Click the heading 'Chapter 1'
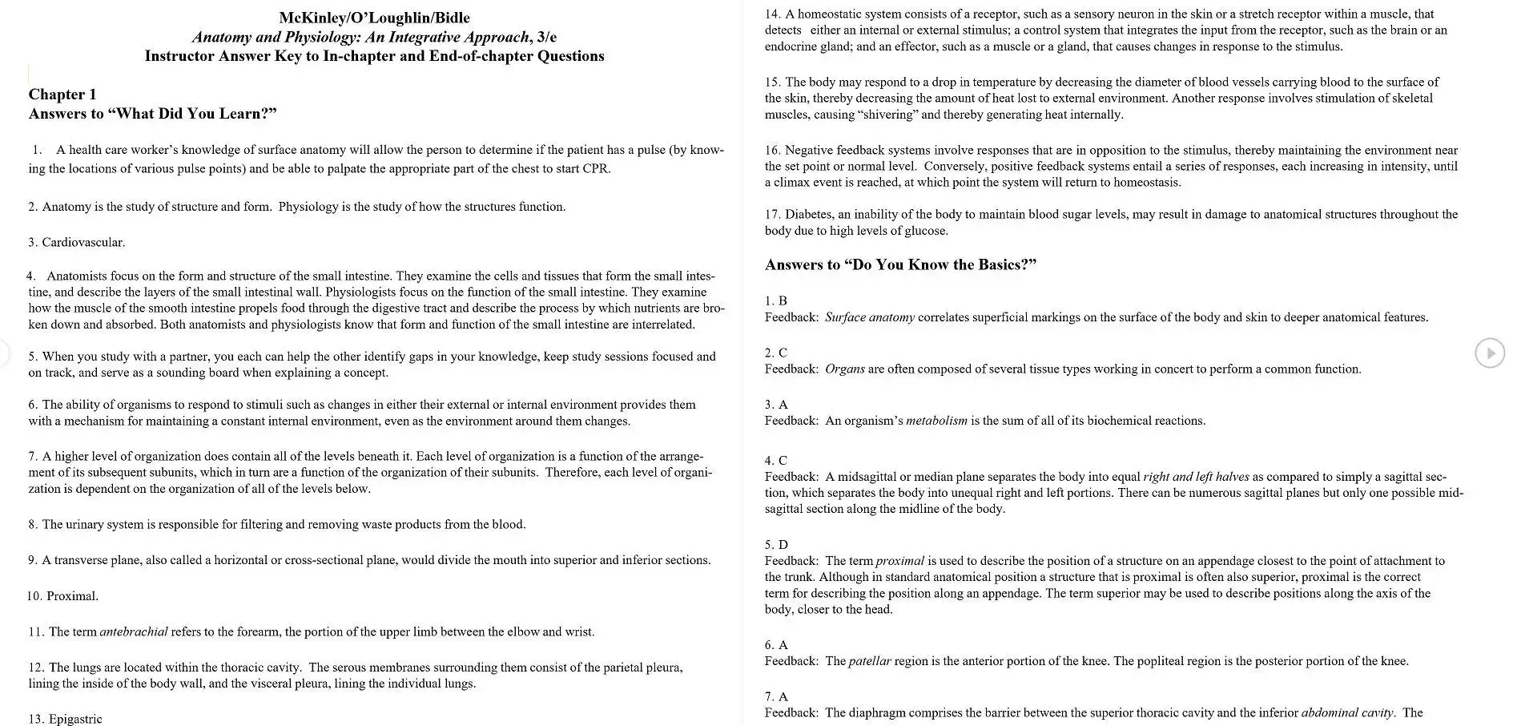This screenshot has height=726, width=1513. coord(62,95)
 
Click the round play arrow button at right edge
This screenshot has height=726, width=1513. coord(1490,353)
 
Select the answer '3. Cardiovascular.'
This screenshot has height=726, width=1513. coord(77,242)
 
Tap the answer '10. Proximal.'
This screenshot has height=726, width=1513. coord(63,596)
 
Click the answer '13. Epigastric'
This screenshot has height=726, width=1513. coord(66,719)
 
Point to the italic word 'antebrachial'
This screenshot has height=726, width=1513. coord(134,631)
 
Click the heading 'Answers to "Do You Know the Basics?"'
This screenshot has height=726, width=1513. coord(900,264)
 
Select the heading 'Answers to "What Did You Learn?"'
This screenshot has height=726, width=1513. coord(152,114)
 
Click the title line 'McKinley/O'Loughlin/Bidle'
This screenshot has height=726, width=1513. coord(374,18)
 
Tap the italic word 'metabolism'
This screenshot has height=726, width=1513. coord(936,421)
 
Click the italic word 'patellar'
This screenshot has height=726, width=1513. coord(869,661)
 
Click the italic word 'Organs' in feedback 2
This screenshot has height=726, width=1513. coord(844,369)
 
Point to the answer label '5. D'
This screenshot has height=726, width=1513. coord(776,545)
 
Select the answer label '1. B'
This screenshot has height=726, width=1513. coord(775,300)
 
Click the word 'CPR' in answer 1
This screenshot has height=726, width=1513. coord(596,168)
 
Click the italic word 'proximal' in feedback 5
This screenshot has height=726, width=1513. coord(900,561)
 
